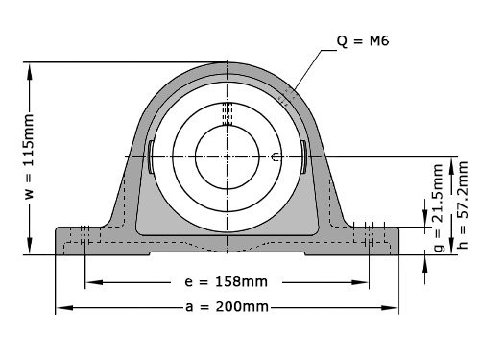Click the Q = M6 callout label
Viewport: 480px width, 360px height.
tap(364, 41)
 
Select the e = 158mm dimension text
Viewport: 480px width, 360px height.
tap(226, 283)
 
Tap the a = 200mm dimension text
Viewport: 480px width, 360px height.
tap(227, 307)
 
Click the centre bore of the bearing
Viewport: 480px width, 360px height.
tap(227, 156)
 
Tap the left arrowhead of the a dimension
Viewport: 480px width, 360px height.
tap(60, 307)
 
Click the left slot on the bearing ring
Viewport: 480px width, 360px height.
tap(152, 156)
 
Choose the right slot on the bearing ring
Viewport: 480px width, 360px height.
tap(302, 156)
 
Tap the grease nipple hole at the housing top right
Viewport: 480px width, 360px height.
tap(285, 97)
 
